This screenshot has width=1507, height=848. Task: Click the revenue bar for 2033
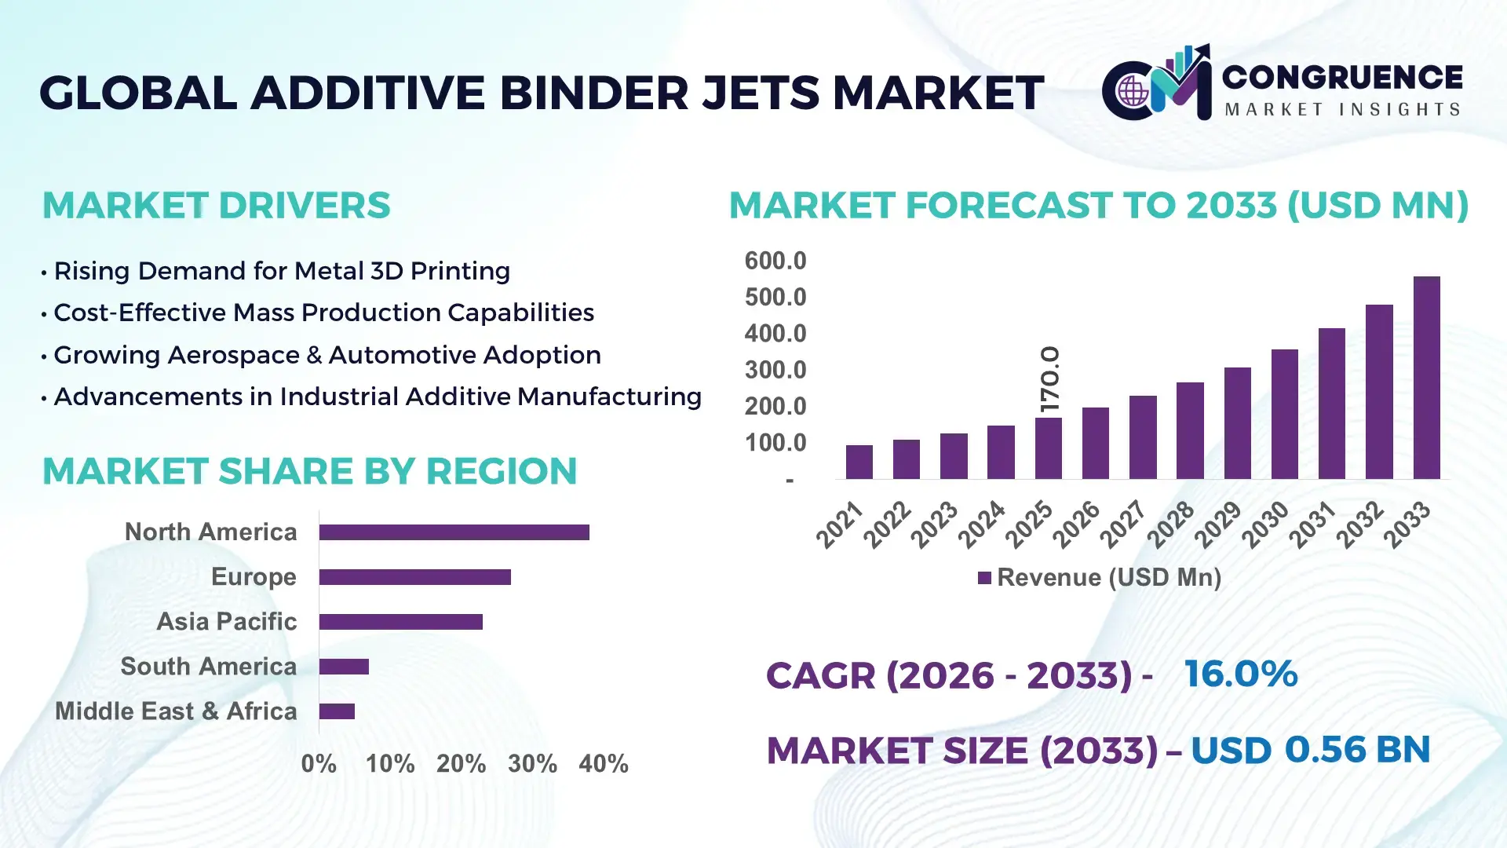(x=1426, y=378)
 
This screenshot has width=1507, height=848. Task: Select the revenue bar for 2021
(x=859, y=462)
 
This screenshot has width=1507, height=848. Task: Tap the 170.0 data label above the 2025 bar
(x=1049, y=379)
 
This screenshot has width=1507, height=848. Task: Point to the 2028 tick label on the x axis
(x=1170, y=524)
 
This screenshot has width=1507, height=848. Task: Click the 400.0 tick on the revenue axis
(x=775, y=334)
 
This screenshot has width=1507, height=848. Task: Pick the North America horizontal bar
(x=454, y=532)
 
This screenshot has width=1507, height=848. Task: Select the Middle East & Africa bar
(x=337, y=711)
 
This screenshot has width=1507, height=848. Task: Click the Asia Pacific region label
(x=226, y=621)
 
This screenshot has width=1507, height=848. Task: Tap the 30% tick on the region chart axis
(x=532, y=763)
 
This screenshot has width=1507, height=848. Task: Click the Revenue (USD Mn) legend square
(x=984, y=578)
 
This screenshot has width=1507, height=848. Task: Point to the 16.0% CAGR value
(x=1240, y=674)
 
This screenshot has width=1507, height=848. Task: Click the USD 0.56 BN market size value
(x=1310, y=750)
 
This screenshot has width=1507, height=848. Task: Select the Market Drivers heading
(x=216, y=206)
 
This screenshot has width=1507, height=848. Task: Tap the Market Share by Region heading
(x=309, y=471)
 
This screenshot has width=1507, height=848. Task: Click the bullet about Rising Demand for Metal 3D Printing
(x=281, y=271)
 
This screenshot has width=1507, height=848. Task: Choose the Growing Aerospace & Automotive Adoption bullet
(x=327, y=355)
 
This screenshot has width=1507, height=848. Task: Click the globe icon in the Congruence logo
(x=1133, y=92)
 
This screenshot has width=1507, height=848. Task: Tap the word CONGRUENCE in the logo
(x=1341, y=77)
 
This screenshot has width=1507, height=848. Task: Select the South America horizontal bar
(x=344, y=667)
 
